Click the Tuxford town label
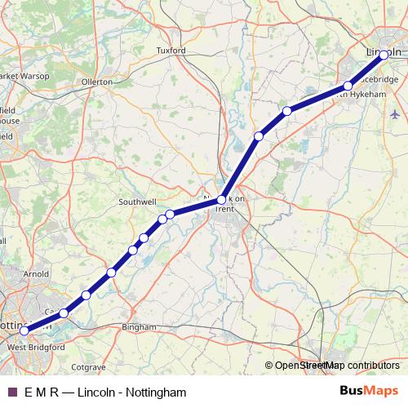(171, 51)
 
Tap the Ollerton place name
(97, 82)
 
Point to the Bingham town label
(138, 327)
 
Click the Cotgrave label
(89, 367)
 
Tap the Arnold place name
(38, 275)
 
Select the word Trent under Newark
(224, 209)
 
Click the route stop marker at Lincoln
(384, 55)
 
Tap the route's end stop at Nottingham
(24, 330)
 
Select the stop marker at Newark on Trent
(221, 199)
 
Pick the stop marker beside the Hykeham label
(348, 86)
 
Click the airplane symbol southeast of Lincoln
(396, 113)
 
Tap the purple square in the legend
(11, 392)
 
